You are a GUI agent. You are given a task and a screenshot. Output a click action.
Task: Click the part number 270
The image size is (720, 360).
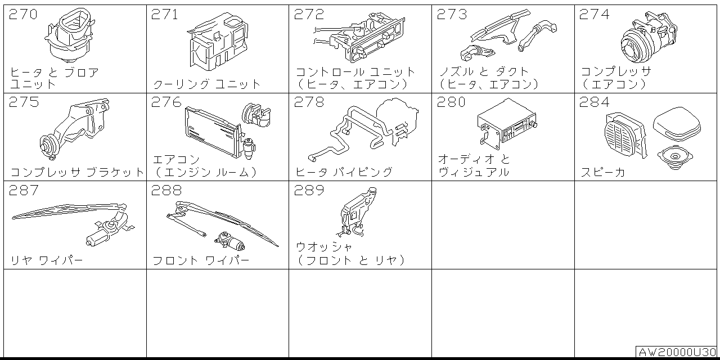(x=23, y=14)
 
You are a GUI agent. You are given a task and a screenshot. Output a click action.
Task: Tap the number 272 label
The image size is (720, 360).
(x=309, y=14)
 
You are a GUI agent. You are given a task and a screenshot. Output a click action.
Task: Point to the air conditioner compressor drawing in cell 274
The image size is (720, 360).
(x=649, y=37)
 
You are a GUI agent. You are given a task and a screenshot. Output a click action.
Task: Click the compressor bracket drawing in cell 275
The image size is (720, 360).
(x=75, y=129)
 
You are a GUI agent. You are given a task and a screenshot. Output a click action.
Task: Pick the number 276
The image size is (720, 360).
(x=166, y=102)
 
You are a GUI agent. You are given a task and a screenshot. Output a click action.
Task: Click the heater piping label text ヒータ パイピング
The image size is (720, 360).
(x=344, y=172)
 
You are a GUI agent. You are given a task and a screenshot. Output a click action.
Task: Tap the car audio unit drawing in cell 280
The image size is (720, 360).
(x=507, y=124)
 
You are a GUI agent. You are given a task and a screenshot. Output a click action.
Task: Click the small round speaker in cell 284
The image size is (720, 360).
(x=675, y=157)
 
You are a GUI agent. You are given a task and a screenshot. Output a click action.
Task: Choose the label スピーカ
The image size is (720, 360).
(x=603, y=172)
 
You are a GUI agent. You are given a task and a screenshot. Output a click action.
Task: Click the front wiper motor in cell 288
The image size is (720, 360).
(x=230, y=241)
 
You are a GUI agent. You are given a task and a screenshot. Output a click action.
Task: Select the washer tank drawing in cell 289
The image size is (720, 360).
(x=357, y=213)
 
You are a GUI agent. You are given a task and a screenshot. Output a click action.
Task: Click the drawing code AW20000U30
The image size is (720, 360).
(x=677, y=352)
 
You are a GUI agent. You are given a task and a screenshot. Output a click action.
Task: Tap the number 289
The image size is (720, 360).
(x=309, y=190)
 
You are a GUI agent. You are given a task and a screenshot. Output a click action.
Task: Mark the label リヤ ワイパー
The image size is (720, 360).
(x=47, y=260)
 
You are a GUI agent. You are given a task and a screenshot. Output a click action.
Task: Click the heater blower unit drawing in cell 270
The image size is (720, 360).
(x=70, y=35)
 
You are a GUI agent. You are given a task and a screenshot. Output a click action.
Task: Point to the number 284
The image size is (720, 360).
(x=595, y=102)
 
